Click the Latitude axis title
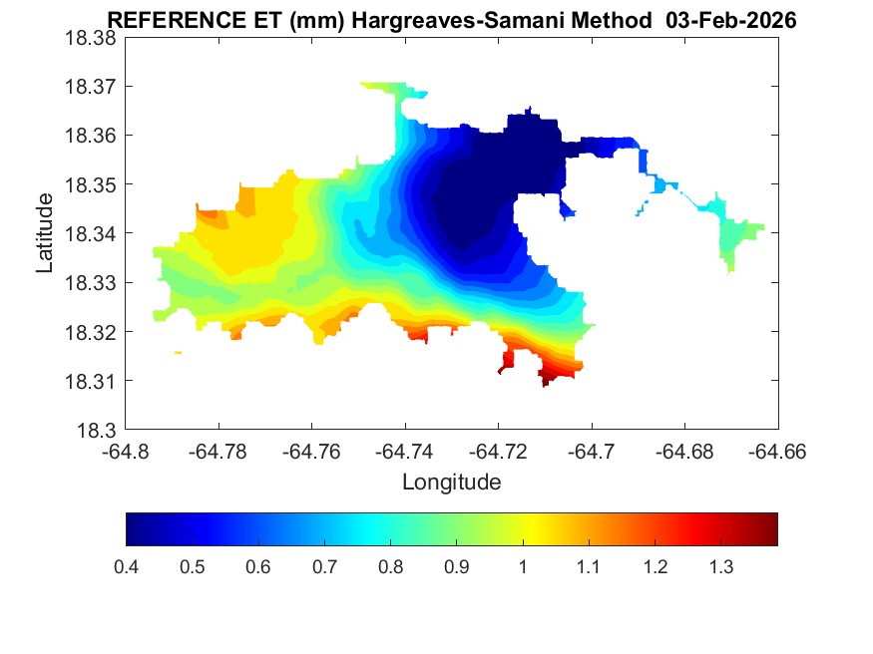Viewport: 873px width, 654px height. [x=45, y=233]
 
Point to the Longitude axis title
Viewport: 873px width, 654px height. [x=451, y=483]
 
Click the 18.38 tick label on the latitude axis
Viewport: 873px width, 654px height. [x=91, y=38]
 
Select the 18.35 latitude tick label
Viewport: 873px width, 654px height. [x=91, y=184]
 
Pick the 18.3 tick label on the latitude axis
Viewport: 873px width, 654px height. [x=97, y=431]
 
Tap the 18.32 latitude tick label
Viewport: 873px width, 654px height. [x=91, y=332]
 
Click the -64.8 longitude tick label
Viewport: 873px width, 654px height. [x=127, y=452]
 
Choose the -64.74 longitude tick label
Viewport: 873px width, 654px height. [x=404, y=452]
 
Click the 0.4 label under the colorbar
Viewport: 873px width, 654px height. [x=127, y=567]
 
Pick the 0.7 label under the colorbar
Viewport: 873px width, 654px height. [x=324, y=567]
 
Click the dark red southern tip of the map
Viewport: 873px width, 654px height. [x=546, y=380]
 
